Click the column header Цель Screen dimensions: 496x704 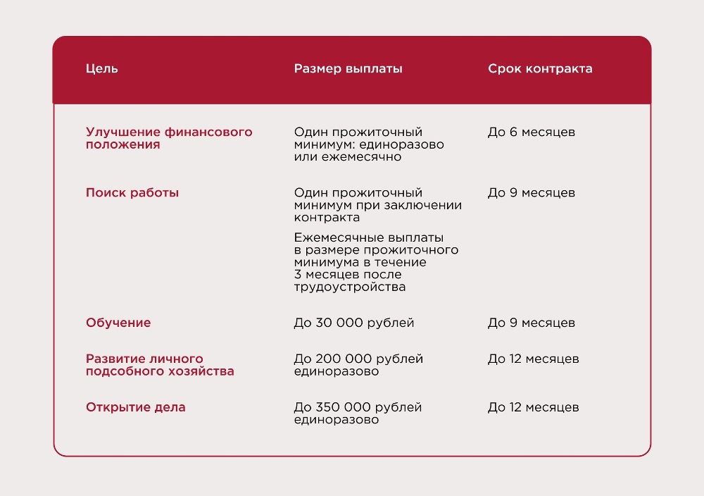point(102,69)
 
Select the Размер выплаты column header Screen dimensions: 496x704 point(348,69)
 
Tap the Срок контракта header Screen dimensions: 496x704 point(540,69)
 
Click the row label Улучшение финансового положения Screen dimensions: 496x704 point(169,138)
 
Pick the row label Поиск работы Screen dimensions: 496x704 point(132,192)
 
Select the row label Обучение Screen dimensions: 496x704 point(118,323)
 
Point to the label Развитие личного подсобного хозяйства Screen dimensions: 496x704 point(160,365)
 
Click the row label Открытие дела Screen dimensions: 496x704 point(136,407)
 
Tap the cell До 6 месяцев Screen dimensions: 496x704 point(532,132)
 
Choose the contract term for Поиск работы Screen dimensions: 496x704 point(532,192)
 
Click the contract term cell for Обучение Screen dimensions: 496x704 point(532,323)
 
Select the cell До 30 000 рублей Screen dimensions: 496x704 point(354,323)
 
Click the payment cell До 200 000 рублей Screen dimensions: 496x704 point(358,359)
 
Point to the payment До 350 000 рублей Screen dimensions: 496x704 point(358,407)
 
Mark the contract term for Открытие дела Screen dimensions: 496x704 point(534,407)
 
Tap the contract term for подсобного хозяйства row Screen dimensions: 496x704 point(534,359)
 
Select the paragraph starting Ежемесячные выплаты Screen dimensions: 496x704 point(375,262)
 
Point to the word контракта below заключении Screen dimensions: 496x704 point(327,218)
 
